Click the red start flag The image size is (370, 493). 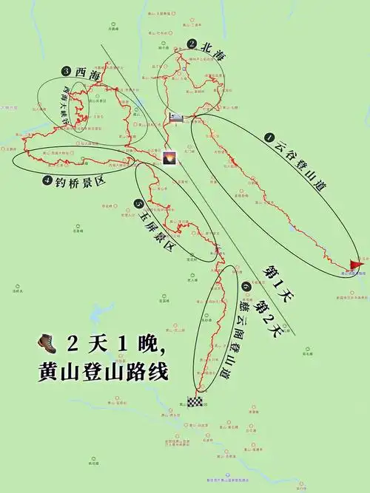coord(356,264)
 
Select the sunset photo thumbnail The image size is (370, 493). coord(169,158)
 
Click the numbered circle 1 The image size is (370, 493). coord(269,137)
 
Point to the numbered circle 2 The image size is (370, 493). coord(192,44)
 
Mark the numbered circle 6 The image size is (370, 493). coord(246,286)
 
